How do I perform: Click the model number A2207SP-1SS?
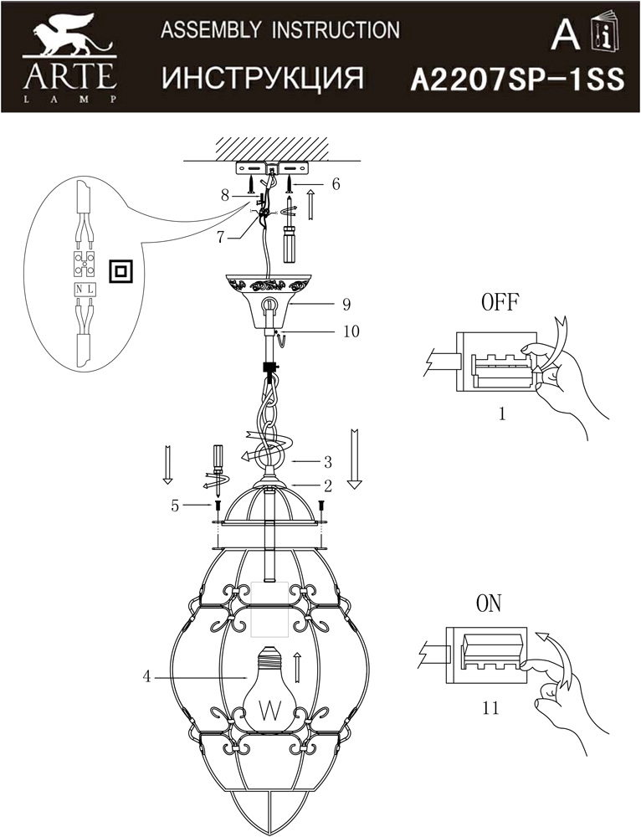(x=516, y=80)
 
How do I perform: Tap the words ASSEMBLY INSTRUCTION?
(x=279, y=31)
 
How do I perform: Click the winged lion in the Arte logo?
(x=71, y=41)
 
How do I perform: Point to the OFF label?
(x=499, y=302)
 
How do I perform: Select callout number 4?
(x=146, y=677)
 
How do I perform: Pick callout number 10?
(x=351, y=331)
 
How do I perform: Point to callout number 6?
(x=336, y=184)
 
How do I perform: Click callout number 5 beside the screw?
(x=175, y=506)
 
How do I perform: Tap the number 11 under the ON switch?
(x=491, y=708)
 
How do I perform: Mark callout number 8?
(x=224, y=196)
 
